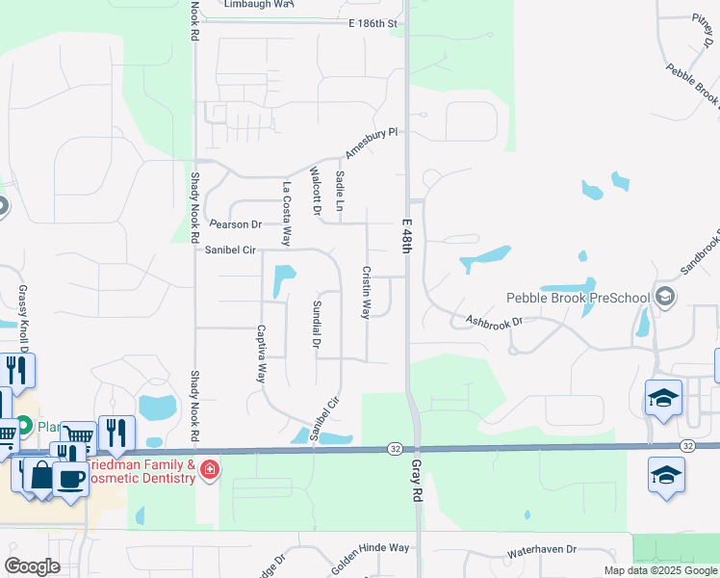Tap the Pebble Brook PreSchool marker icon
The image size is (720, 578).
point(665,298)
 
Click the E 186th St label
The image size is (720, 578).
point(373,22)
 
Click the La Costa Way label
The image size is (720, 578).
point(286,215)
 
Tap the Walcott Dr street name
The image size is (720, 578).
point(314,190)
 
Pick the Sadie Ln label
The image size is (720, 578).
point(339,192)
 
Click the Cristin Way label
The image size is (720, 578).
point(366,293)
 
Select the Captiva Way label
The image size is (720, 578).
point(261,353)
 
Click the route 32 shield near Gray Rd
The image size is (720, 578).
point(395,448)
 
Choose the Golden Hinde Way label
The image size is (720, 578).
point(372,549)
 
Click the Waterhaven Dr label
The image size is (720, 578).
point(541,550)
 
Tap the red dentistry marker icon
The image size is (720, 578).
point(209,470)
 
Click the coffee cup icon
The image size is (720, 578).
point(69,478)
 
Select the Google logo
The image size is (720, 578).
point(32,566)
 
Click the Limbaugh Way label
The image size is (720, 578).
point(257,4)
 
